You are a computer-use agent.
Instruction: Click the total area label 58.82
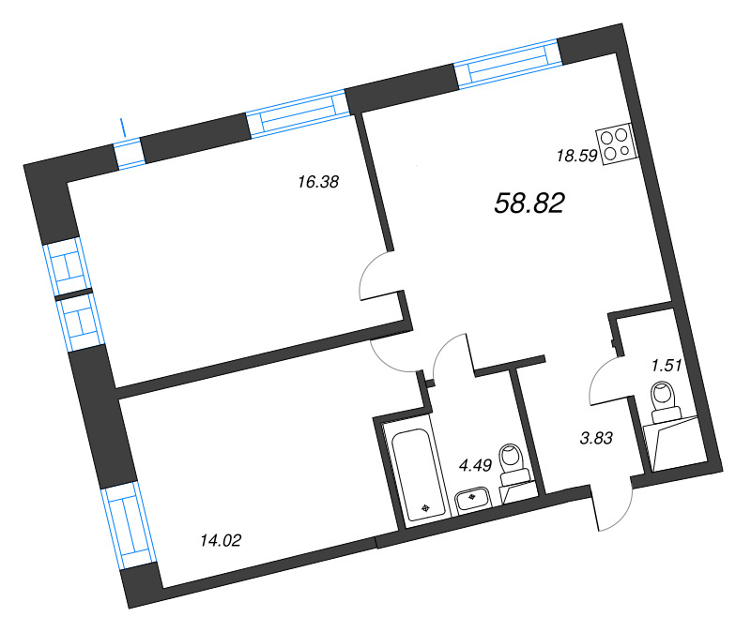tap(529, 202)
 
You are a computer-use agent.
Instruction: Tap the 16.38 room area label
tap(317, 183)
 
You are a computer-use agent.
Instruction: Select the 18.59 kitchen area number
tap(577, 157)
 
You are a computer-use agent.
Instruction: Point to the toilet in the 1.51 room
tap(665, 399)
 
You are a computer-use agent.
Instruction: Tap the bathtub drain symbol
tap(427, 507)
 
